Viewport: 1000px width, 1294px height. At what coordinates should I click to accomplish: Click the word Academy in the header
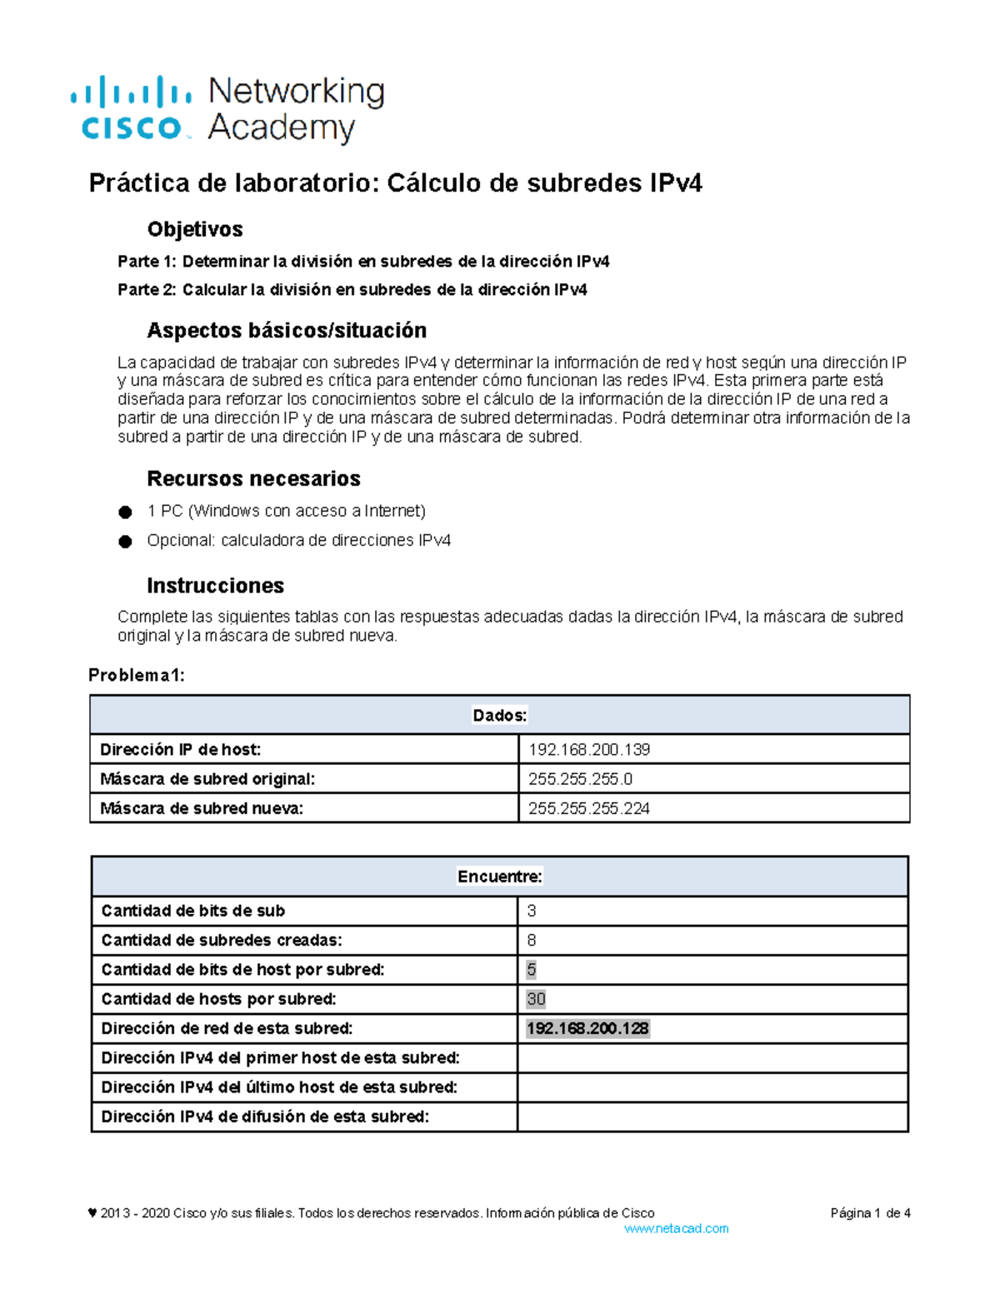281,128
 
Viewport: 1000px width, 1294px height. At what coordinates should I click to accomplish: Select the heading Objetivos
195,229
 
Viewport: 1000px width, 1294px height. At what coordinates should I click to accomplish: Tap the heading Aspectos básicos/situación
287,331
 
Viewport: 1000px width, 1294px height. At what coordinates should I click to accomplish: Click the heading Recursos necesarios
253,479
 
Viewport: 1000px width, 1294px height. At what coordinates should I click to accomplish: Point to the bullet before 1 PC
125,512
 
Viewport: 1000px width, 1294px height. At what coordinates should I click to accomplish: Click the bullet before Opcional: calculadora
125,542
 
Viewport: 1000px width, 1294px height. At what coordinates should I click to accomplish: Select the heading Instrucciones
215,586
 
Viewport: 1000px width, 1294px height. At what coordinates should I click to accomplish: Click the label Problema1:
137,676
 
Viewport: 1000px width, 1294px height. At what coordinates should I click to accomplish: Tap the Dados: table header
499,716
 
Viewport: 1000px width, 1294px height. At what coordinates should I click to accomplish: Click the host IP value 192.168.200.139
589,750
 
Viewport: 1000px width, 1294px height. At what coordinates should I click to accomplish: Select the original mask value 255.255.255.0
580,779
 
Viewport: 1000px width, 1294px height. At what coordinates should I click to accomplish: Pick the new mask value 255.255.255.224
589,808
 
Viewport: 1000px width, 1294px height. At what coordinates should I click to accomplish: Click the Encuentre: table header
499,877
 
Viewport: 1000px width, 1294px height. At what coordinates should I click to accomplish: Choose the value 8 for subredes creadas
532,941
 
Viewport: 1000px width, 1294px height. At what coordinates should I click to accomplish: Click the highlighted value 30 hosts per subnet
536,999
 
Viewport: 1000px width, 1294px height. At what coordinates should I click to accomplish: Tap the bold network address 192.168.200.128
587,1029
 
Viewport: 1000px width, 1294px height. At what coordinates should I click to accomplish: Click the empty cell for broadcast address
712,1117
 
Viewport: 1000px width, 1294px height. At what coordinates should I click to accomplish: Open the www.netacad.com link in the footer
676,1229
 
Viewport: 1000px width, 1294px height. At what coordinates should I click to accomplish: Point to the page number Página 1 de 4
870,1213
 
